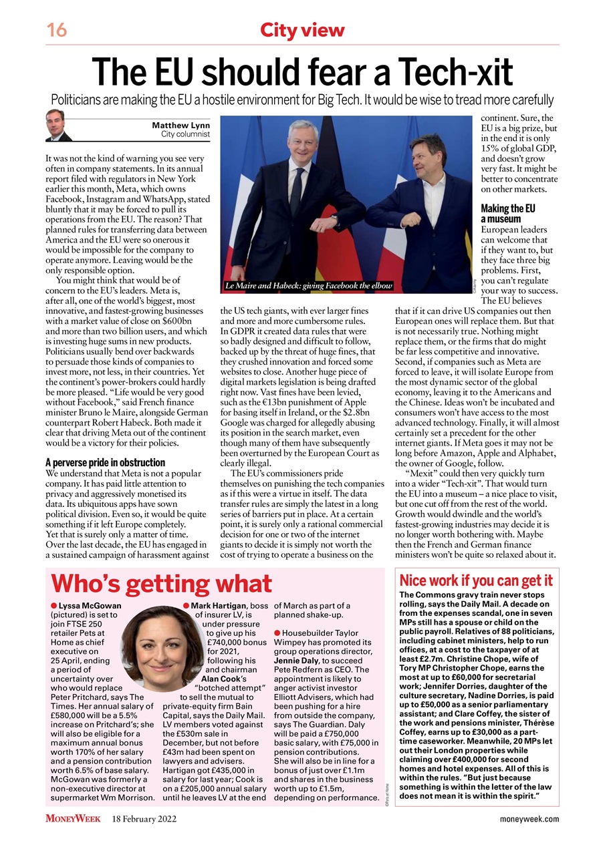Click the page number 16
(x=57, y=30)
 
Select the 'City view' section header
(x=302, y=30)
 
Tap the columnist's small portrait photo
(x=59, y=126)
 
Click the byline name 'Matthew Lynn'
(x=180, y=126)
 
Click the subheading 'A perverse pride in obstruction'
(x=105, y=462)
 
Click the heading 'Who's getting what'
(x=162, y=583)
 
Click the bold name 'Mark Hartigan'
(x=215, y=606)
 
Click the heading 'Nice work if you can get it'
(x=475, y=580)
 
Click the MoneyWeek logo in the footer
(x=73, y=819)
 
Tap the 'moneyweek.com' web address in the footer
(x=529, y=819)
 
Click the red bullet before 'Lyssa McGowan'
(x=54, y=606)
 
